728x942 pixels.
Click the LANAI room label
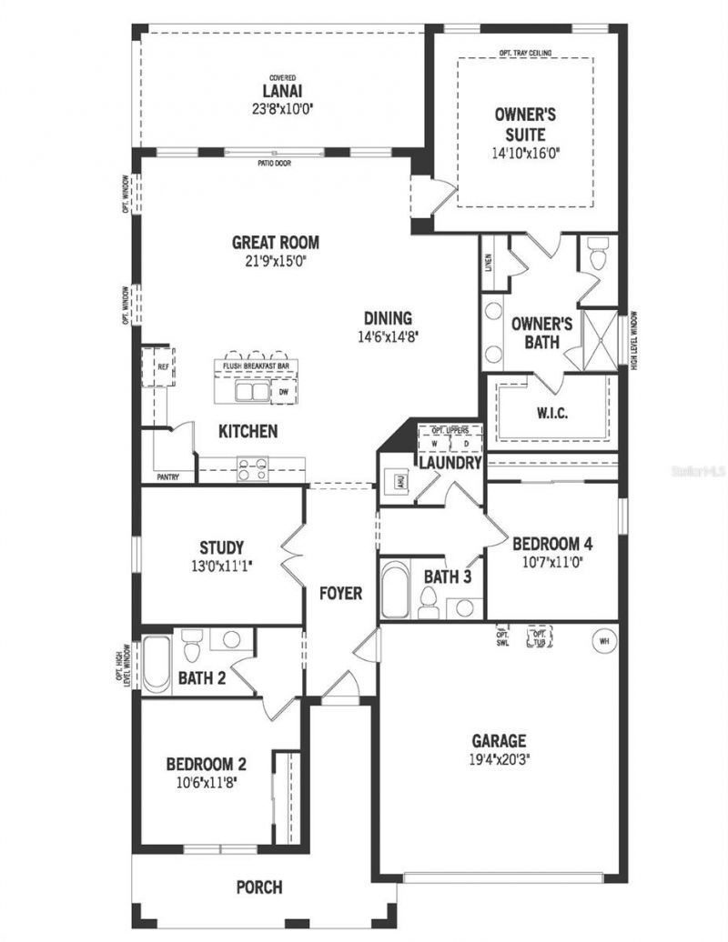282,92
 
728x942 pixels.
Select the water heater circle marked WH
602,640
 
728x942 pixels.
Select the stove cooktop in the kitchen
251,468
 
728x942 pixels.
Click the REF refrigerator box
162,367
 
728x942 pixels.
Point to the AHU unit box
399,481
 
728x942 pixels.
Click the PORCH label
258,887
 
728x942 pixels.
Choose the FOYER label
340,594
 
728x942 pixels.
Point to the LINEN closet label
489,262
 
